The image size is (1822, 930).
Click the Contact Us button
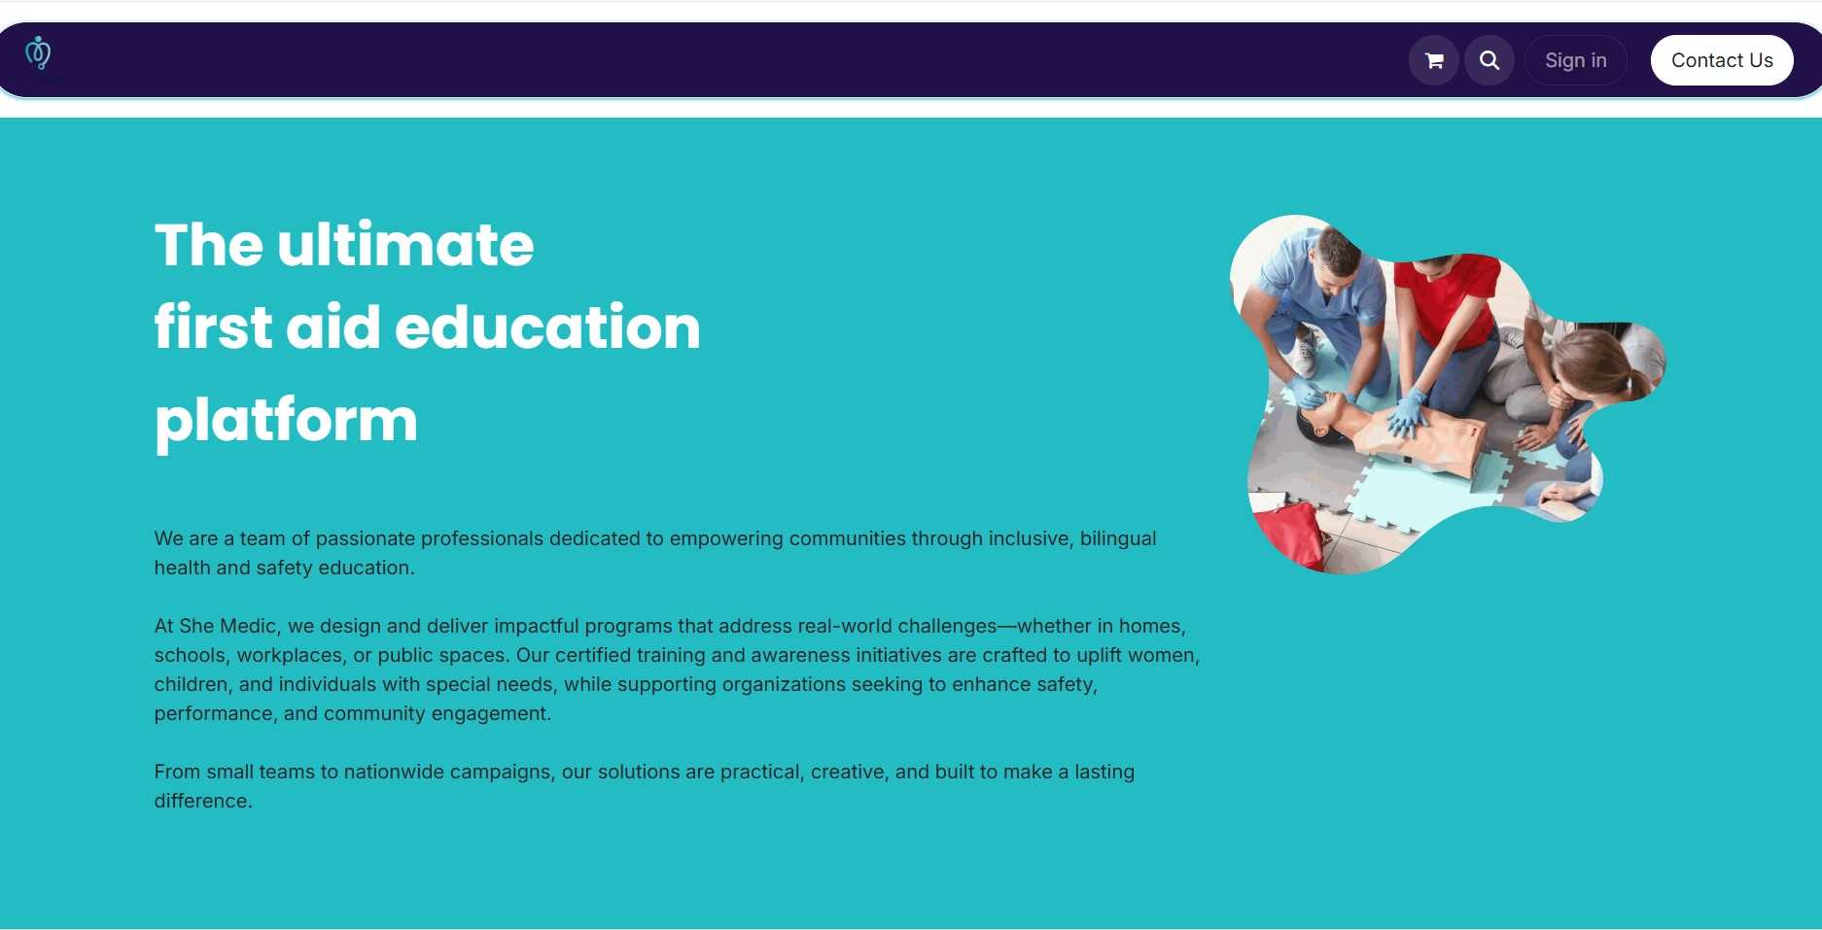[x=1722, y=60]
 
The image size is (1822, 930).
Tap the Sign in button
[x=1576, y=60]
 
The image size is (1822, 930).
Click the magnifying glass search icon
[x=1489, y=60]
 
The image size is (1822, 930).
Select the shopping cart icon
[x=1434, y=60]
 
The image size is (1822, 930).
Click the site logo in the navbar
[x=38, y=53]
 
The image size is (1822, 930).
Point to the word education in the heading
[x=547, y=327]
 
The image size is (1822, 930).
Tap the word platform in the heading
[x=286, y=421]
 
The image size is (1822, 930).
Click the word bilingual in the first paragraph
[x=1118, y=538]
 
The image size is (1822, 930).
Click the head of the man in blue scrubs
[x=1336, y=254]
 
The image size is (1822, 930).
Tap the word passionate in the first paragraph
[x=366, y=538]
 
